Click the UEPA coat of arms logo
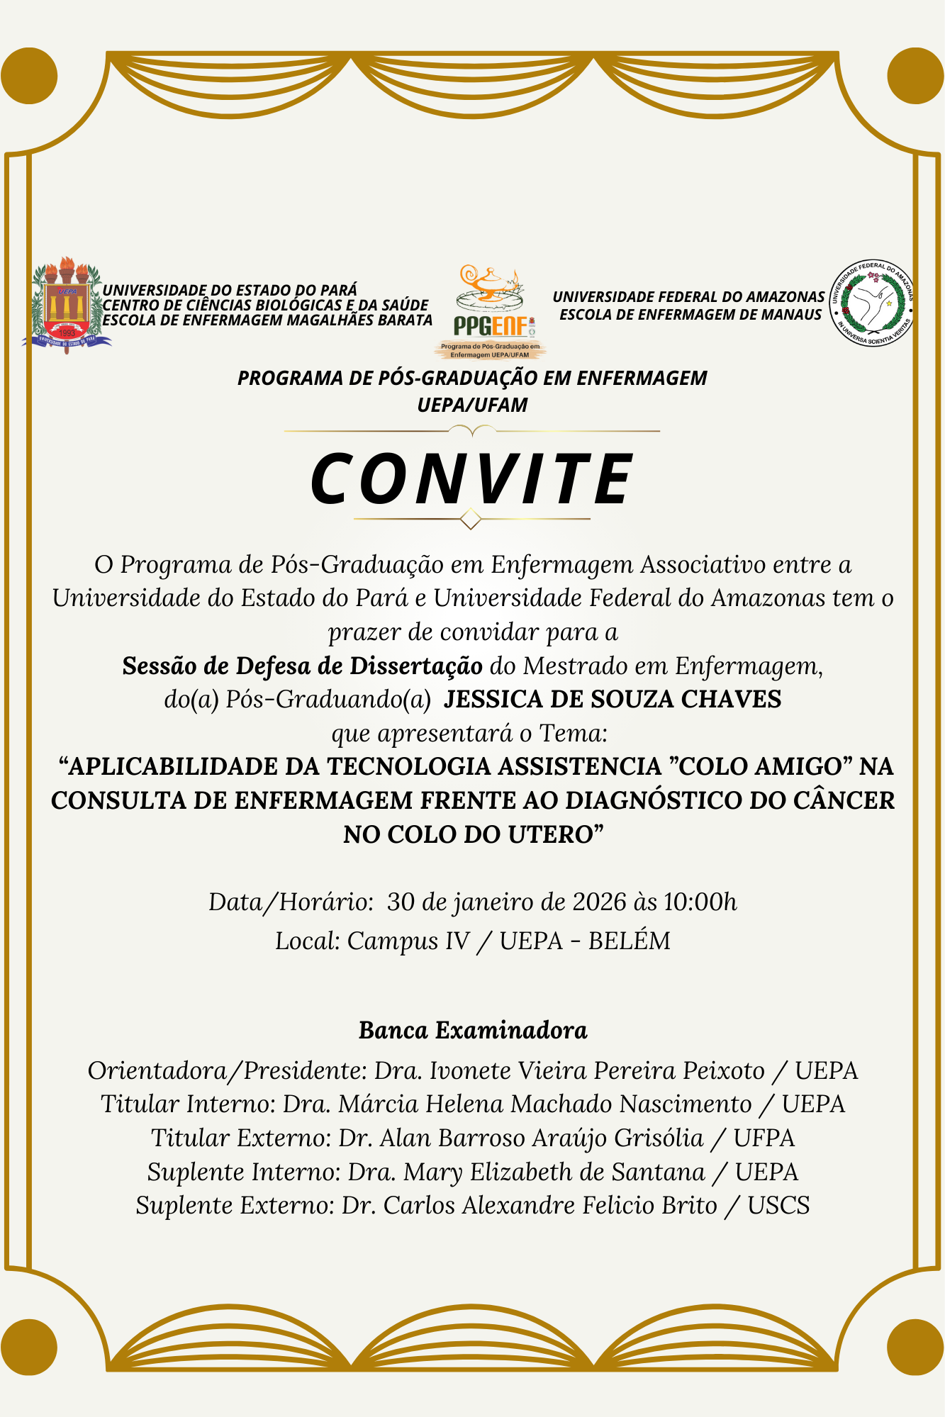click(x=67, y=305)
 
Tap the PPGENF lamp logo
click(x=491, y=312)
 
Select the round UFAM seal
click(x=872, y=303)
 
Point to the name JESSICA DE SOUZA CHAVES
click(x=613, y=699)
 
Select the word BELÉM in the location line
click(x=630, y=941)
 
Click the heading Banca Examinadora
click(x=473, y=1030)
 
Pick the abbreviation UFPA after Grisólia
click(x=764, y=1138)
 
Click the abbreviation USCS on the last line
click(x=778, y=1206)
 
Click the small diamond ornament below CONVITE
click(x=471, y=520)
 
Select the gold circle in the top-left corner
click(x=29, y=76)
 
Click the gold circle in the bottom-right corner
click(x=916, y=1347)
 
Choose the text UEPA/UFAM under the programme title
click(x=472, y=405)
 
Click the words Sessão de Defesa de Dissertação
click(x=303, y=666)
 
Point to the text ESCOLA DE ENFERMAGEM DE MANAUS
click(x=690, y=315)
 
